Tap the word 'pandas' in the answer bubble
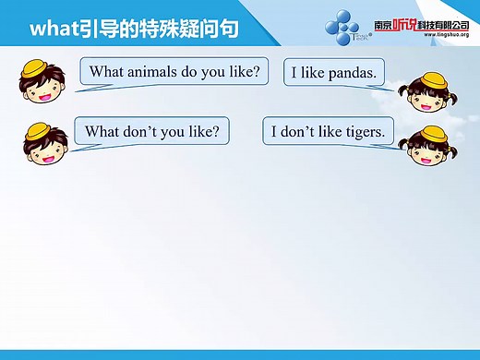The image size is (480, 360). (351, 71)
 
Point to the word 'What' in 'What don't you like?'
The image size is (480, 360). (102, 131)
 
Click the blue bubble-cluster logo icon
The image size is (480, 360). (350, 28)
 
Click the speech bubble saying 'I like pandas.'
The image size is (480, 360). (335, 71)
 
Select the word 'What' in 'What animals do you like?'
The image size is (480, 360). (106, 70)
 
